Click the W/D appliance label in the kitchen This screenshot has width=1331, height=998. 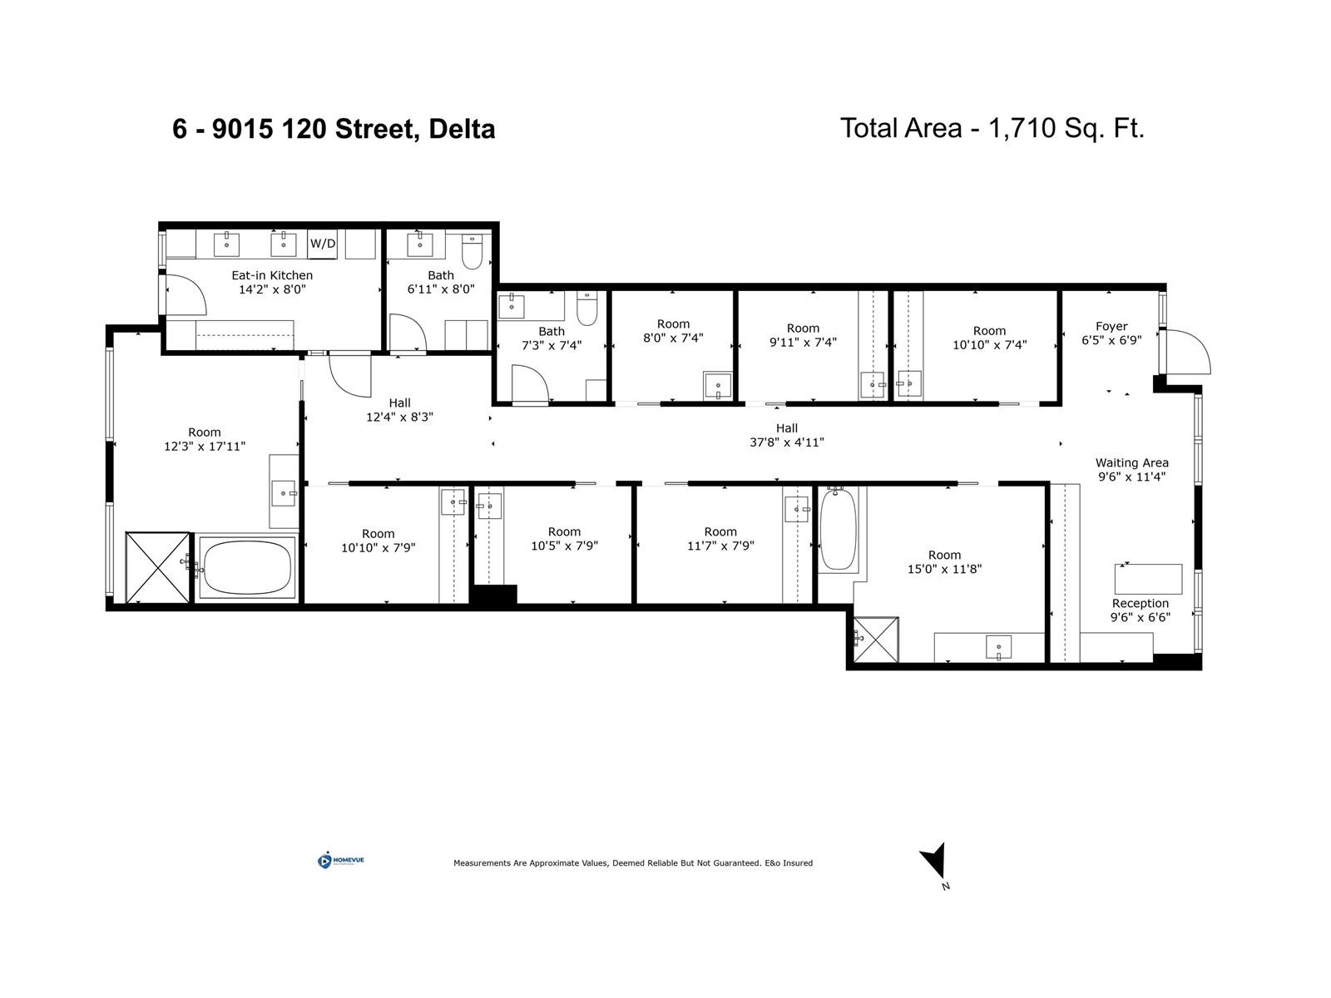[323, 244]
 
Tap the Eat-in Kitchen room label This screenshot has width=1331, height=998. [272, 275]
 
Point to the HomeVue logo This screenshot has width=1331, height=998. [341, 861]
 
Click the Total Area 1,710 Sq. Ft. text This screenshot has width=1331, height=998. [992, 128]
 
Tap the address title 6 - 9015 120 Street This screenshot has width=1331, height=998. [334, 129]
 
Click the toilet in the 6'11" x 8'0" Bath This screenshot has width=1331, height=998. [472, 252]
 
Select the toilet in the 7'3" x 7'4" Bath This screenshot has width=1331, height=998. [587, 309]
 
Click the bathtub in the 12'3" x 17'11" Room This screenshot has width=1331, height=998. [247, 567]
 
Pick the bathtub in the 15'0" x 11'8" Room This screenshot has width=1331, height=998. [839, 529]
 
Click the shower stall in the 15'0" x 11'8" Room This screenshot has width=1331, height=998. [875, 640]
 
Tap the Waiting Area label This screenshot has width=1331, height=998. [1131, 462]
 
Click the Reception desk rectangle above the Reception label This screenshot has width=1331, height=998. [1148, 578]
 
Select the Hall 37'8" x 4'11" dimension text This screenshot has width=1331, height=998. [786, 442]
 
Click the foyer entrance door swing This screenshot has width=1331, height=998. [1188, 351]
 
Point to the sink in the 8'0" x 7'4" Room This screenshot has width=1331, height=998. [717, 386]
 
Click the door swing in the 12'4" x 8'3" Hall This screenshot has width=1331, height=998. [351, 374]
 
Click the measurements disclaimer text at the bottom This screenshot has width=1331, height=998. [632, 863]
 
